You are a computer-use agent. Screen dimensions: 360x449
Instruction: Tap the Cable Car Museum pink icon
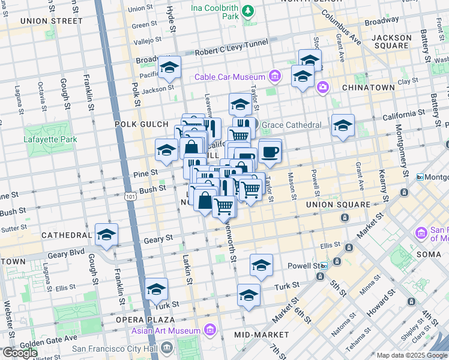pyautogui.click(x=275, y=76)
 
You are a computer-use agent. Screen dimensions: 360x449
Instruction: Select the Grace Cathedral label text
pyautogui.click(x=292, y=125)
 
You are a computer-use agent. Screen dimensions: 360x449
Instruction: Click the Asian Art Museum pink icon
pyautogui.click(x=209, y=330)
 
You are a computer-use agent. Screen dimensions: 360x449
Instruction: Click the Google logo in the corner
pyautogui.click(x=20, y=353)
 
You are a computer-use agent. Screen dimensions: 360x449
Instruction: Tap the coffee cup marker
pyautogui.click(x=270, y=151)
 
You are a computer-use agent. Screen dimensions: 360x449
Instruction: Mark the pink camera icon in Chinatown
pyautogui.click(x=323, y=88)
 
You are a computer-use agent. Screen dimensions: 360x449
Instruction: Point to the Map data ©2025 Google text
pyautogui.click(x=411, y=355)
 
